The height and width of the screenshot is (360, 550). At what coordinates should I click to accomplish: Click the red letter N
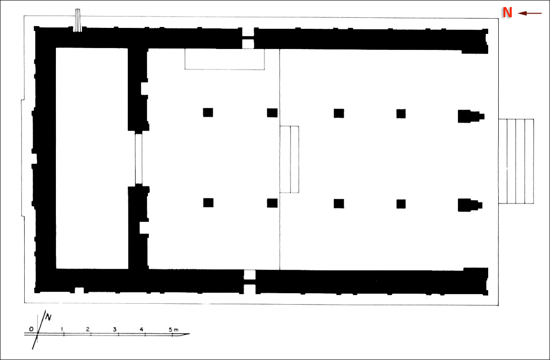[507, 12]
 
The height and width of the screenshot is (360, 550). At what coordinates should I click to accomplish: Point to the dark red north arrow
[530, 13]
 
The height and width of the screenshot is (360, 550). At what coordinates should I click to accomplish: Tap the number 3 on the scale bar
[115, 329]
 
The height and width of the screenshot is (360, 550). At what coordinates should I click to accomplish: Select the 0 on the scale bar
[31, 329]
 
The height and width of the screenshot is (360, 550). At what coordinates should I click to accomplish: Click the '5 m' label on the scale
[174, 330]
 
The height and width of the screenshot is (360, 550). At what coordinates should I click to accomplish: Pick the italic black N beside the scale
[49, 317]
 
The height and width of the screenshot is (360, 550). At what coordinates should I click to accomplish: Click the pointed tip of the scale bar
[190, 334]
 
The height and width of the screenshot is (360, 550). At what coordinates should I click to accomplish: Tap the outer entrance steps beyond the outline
[516, 161]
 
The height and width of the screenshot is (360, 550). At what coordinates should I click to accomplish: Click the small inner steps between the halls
[289, 159]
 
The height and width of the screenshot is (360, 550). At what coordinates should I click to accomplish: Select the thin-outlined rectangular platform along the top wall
[225, 59]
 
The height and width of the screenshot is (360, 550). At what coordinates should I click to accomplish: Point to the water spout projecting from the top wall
[77, 20]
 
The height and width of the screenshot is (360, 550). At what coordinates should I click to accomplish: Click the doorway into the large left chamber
[139, 158]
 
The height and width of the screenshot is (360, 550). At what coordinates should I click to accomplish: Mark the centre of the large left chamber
[92, 158]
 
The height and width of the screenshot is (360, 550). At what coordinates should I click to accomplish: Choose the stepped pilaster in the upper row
[470, 116]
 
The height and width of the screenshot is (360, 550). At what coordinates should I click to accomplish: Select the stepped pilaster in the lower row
[469, 205]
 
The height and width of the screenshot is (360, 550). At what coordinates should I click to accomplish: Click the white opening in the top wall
[248, 44]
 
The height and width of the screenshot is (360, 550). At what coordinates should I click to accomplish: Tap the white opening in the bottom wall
[250, 275]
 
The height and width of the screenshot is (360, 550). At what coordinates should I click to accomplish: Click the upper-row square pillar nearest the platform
[208, 112]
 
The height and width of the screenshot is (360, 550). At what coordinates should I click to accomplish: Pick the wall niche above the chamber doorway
[144, 88]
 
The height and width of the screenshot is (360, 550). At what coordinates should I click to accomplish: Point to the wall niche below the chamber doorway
[144, 228]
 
